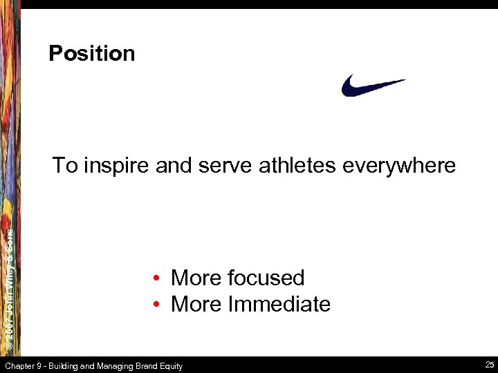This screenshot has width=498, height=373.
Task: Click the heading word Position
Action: (92, 54)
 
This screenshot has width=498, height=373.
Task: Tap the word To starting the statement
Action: (65, 166)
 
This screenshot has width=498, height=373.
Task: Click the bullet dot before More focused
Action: (158, 278)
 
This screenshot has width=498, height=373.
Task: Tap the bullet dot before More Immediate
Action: (158, 305)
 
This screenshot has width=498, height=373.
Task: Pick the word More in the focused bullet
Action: (194, 278)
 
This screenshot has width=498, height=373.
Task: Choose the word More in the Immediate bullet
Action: (194, 304)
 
